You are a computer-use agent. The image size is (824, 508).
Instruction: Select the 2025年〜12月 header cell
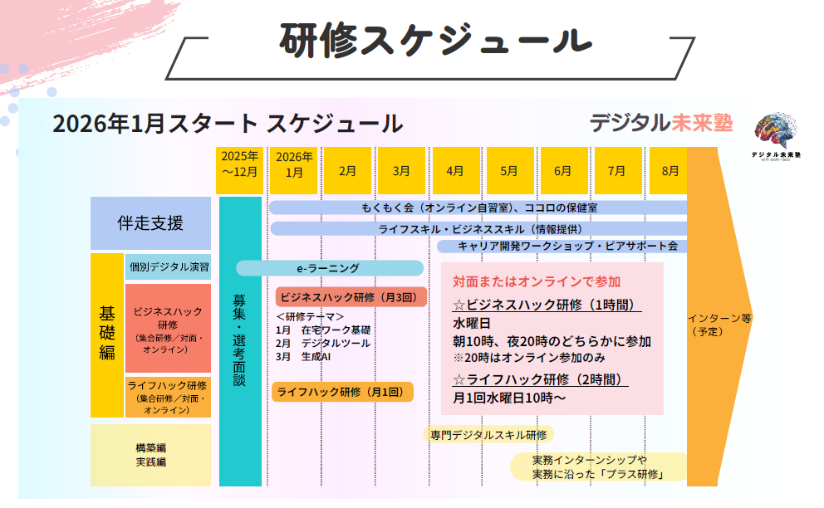[239, 164]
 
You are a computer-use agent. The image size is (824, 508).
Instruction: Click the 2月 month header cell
[348, 171]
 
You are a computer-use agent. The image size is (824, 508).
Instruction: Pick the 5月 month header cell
[508, 171]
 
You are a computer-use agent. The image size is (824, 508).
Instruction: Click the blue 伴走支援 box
[150, 223]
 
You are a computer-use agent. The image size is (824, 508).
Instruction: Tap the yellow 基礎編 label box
[107, 334]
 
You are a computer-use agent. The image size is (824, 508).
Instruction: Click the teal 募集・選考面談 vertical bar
[239, 340]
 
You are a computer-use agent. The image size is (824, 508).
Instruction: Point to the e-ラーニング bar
[329, 268]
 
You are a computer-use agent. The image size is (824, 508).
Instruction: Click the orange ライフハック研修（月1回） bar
[342, 392]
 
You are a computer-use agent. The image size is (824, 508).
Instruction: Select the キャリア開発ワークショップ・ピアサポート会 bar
[562, 246]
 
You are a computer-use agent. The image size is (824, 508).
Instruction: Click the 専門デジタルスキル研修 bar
[488, 434]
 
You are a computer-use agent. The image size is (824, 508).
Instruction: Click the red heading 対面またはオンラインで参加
[537, 281]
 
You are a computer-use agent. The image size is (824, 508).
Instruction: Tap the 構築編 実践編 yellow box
[150, 454]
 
